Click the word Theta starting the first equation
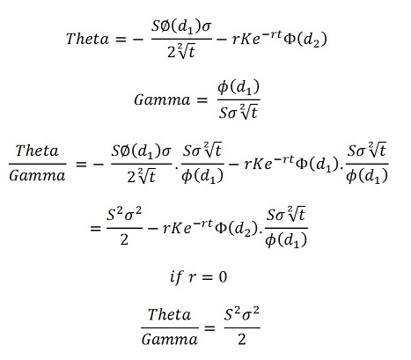pos(87,39)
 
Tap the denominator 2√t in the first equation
pos(181,52)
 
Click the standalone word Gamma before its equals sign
pos(162,100)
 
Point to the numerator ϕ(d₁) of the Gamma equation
pos(239,87)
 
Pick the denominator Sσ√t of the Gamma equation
pos(239,112)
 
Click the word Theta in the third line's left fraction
pos(37,151)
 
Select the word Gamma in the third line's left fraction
pos(37,176)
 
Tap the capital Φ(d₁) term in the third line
pos(318,164)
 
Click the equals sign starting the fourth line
pos(95,228)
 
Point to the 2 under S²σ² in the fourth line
pos(124,239)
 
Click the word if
pos(177,276)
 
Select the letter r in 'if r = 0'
pos(192,277)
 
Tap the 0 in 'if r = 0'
pos(223,276)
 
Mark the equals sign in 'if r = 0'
pos(208,277)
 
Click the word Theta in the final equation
pos(170,314)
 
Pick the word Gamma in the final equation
pos(170,340)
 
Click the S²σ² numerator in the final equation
pos(242,314)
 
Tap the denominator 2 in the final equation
pos(242,340)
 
